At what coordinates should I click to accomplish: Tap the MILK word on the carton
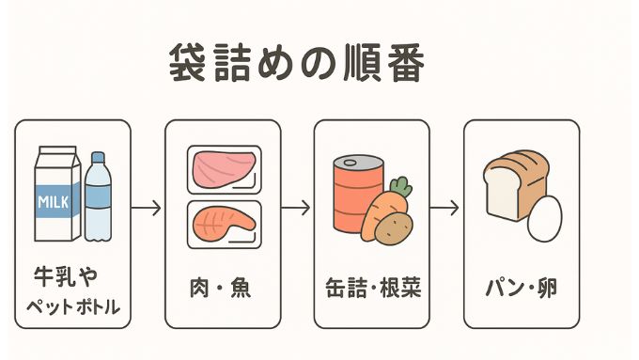coord(55,201)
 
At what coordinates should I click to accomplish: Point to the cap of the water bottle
coord(97,159)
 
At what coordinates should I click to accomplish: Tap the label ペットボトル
coord(72,306)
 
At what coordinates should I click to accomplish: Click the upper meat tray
coord(224,169)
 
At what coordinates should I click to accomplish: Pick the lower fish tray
coord(224,224)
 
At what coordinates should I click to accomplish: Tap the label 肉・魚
coord(223,288)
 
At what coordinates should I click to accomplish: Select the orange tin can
coord(357,193)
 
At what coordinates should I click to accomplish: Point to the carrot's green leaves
coord(401,185)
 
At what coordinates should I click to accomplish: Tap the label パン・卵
coord(521,288)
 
